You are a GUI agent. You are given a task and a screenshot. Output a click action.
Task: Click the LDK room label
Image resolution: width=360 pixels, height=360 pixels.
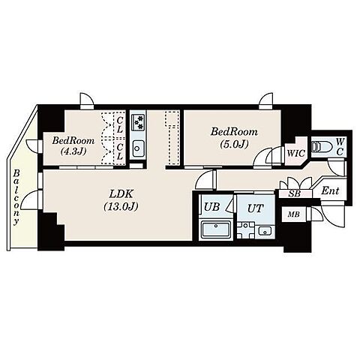121,193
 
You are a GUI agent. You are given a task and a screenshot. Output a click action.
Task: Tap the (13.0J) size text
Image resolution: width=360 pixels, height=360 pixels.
121,206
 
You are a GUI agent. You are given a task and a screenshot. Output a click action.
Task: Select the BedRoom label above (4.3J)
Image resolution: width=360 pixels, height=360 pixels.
73,140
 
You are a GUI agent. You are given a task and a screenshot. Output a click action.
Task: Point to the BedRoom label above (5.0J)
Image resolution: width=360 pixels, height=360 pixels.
234,132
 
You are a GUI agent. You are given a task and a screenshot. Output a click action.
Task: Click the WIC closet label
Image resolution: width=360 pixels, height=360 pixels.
296,153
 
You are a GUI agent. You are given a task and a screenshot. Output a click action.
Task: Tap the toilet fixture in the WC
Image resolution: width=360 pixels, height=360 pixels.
318,146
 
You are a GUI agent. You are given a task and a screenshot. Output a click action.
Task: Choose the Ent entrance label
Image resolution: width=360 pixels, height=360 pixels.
330,191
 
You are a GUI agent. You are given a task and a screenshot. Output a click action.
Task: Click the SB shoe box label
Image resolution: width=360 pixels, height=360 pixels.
294,194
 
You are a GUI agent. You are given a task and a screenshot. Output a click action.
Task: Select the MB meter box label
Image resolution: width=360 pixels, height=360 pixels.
294,214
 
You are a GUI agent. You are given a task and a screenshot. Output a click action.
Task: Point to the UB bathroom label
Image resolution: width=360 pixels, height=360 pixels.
212,207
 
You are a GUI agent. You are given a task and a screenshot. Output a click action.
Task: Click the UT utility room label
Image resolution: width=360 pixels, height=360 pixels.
256,208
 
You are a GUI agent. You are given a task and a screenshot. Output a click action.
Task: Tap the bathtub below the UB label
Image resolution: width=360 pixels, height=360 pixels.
215,229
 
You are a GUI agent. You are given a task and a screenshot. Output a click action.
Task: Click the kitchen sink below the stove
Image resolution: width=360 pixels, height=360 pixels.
138,148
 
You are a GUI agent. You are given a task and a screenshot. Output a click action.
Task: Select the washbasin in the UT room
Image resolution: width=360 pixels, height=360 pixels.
265,231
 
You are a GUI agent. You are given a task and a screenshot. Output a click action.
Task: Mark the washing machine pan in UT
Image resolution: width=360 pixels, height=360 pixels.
247,229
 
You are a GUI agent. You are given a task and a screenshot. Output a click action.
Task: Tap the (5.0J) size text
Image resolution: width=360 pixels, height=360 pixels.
234,144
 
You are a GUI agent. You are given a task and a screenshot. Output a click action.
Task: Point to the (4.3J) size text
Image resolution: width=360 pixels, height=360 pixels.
73,151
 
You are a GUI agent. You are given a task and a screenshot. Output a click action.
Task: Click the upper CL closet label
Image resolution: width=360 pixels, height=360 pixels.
120,124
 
